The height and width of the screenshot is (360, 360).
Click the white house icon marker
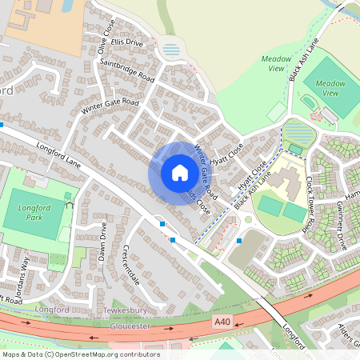point(179,173)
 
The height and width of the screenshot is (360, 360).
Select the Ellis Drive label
point(128,42)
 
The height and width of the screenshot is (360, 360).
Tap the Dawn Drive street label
point(102,241)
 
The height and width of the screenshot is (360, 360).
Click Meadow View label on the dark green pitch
point(330,88)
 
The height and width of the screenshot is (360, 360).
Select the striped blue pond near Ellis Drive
point(171,50)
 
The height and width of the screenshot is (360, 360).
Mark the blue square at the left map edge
point(2,125)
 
